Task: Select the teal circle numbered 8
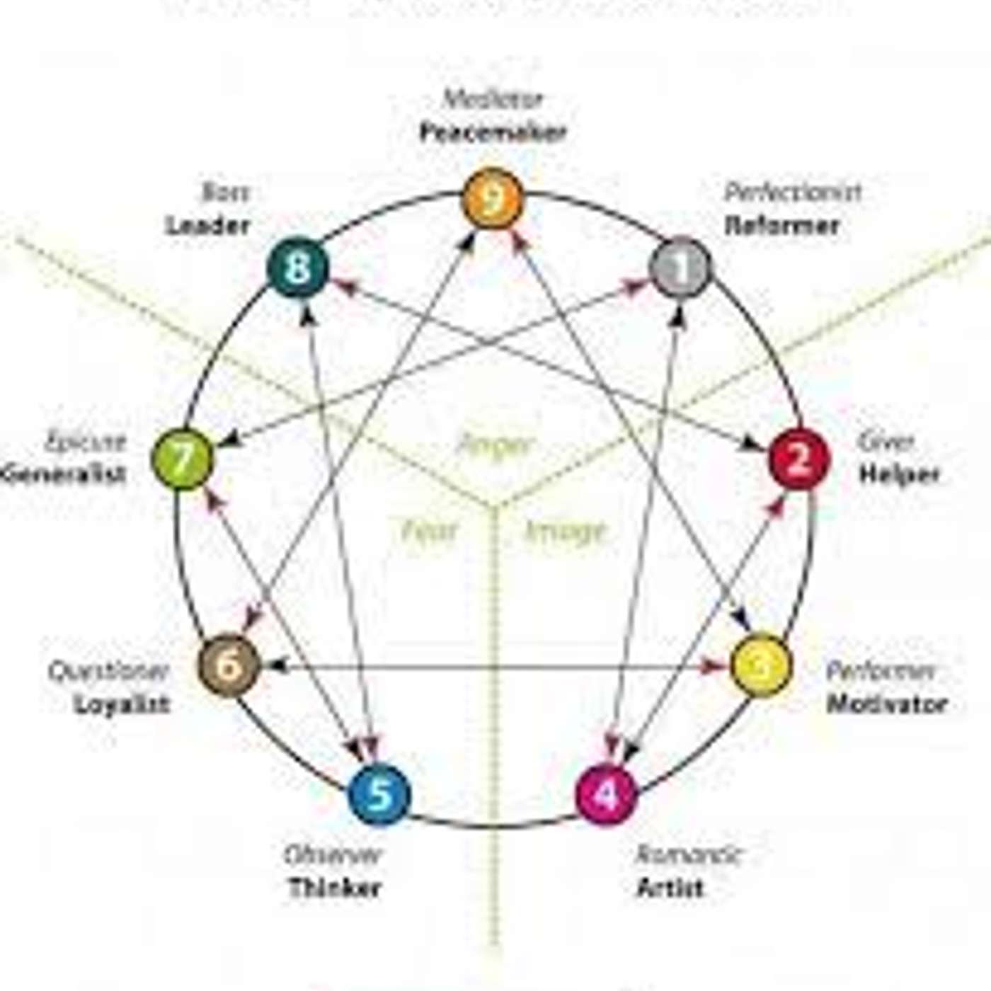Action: pyautogui.click(x=297, y=268)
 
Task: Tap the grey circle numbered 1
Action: pyautogui.click(x=680, y=268)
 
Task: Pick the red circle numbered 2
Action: pyautogui.click(x=799, y=459)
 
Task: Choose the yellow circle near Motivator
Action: pyautogui.click(x=760, y=665)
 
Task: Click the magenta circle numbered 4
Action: pyautogui.click(x=607, y=794)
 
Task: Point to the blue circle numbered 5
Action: pyautogui.click(x=380, y=794)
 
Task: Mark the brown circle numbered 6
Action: pyautogui.click(x=229, y=665)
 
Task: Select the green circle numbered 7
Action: pyautogui.click(x=183, y=459)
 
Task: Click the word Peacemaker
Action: pyautogui.click(x=493, y=132)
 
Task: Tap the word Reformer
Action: pyautogui.click(x=782, y=226)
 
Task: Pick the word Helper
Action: pyautogui.click(x=900, y=474)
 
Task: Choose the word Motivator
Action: pyautogui.click(x=887, y=704)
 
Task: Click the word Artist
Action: pyautogui.click(x=670, y=887)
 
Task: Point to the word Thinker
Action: pyautogui.click(x=335, y=888)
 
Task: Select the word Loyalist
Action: pyautogui.click(x=122, y=704)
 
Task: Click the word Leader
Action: pyautogui.click(x=208, y=226)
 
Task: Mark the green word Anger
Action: pyautogui.click(x=495, y=445)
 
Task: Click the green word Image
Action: pyautogui.click(x=566, y=531)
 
